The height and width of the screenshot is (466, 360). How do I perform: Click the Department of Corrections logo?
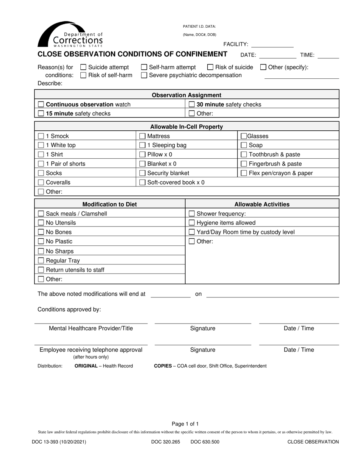(70, 34)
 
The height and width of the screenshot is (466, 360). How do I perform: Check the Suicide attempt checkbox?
(84, 67)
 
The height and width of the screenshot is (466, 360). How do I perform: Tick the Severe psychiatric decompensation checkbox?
(144, 75)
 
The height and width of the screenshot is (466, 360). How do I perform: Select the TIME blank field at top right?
(328, 55)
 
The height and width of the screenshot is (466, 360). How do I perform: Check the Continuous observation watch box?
(41, 105)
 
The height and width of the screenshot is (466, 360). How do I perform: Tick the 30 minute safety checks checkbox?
(192, 105)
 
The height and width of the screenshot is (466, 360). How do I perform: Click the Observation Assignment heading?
(186, 95)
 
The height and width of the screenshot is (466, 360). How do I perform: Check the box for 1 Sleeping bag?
(142, 145)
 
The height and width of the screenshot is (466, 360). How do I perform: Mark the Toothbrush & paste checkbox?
(244, 155)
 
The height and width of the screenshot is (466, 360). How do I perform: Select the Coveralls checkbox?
(41, 183)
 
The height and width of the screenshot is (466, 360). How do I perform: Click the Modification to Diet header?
(110, 205)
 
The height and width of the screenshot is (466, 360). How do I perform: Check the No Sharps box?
(41, 251)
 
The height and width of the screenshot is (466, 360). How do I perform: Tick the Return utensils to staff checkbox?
(41, 270)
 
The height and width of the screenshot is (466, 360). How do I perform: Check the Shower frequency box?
(192, 214)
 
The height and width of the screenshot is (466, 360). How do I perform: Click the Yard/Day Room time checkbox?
(192, 232)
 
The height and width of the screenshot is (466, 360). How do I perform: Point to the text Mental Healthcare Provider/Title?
(91, 328)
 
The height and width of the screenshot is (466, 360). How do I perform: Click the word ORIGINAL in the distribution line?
(86, 366)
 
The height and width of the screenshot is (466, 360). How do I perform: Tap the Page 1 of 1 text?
(185, 424)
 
